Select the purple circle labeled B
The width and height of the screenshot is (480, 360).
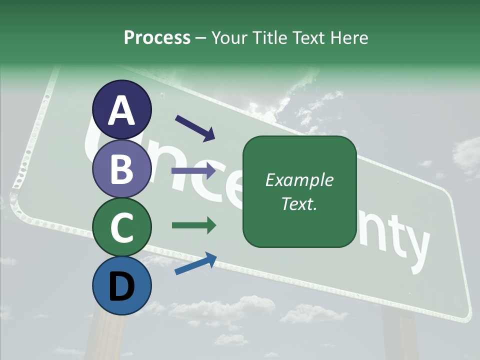121,168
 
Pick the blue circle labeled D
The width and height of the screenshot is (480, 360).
121,285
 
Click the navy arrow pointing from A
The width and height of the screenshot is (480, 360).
195,128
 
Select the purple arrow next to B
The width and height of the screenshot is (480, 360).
193,171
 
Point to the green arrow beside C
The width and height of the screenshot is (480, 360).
193,225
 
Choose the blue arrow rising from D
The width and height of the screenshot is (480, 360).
195,264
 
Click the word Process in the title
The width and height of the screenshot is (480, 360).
157,38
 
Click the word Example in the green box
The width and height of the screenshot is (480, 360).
299,180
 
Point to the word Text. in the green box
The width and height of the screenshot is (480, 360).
299,204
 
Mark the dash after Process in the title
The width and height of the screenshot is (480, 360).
200,38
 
